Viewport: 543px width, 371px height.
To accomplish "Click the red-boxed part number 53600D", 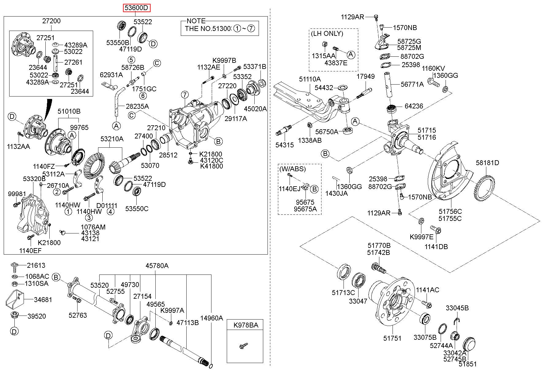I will (137, 8).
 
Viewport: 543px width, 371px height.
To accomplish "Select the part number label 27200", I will (51, 21).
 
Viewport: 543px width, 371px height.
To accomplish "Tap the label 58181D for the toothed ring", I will (487, 163).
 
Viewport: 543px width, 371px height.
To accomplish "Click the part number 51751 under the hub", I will (392, 338).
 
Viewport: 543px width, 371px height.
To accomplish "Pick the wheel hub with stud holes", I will (394, 303).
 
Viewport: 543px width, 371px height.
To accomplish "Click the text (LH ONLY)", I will (327, 33).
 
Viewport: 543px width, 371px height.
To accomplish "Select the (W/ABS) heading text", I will (292, 169).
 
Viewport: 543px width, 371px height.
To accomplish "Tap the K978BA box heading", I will (246, 325).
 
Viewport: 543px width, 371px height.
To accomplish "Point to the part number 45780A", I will (157, 266).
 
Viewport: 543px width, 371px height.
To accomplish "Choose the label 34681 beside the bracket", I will (43, 300).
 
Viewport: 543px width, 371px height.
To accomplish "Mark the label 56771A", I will (412, 84).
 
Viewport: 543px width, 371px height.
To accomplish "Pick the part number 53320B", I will (34, 178).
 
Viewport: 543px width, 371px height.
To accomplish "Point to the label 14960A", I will (211, 318).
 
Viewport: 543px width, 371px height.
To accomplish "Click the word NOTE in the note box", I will (196, 21).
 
